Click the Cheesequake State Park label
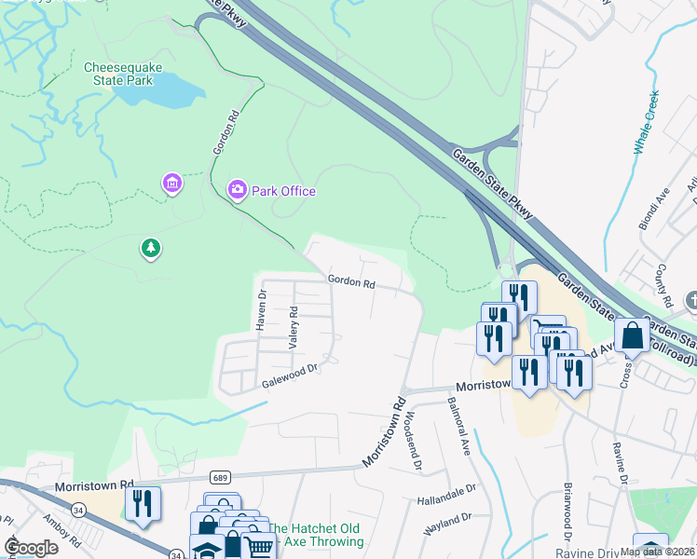coord(118,74)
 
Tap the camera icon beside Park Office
coord(238,191)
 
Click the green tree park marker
coord(149,248)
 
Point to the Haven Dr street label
coord(262,310)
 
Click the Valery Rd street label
coord(293,327)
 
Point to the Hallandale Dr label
coord(446,487)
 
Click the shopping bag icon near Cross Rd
coord(632,334)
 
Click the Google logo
coord(31,547)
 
